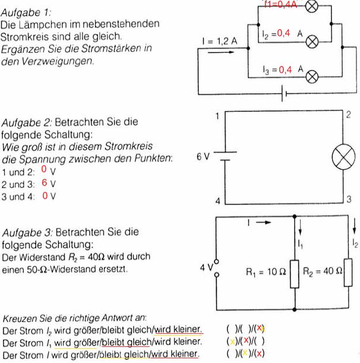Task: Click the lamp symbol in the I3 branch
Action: coord(312,77)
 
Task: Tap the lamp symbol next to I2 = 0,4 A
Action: coord(312,42)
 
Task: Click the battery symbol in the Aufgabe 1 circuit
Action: coord(285,93)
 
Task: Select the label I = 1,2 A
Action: coord(220,41)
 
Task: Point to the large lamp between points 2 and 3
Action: coord(343,157)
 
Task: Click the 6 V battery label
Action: coord(203,157)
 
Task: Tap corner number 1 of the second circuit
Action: coord(217,116)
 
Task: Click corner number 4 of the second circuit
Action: coord(217,201)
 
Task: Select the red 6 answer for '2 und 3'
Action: coord(45,182)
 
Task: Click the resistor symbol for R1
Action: coord(295,274)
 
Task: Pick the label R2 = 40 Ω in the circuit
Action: coord(323,271)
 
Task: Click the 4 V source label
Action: coord(207,267)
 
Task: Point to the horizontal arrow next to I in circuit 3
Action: coord(263,222)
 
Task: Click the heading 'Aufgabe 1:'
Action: coord(26,12)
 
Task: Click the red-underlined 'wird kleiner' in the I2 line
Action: coord(178,329)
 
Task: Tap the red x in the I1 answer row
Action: coord(246,340)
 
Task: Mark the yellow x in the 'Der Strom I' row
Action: coord(245,352)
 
